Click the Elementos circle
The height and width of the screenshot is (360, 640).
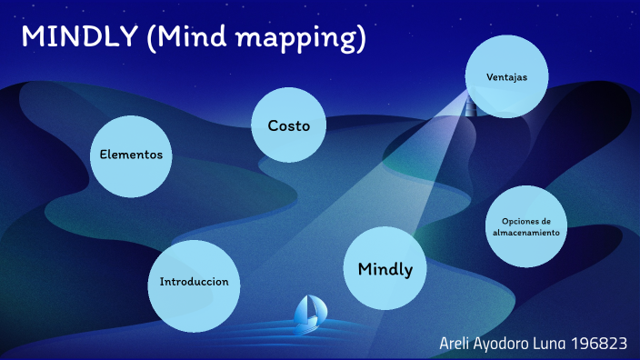point(131,155)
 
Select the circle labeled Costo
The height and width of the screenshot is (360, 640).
point(289,126)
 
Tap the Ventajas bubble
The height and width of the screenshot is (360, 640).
point(505,77)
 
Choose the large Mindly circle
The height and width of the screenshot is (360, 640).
point(385,269)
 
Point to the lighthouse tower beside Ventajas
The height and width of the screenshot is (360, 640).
point(470,106)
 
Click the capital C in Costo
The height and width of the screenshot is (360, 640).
point(273,126)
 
